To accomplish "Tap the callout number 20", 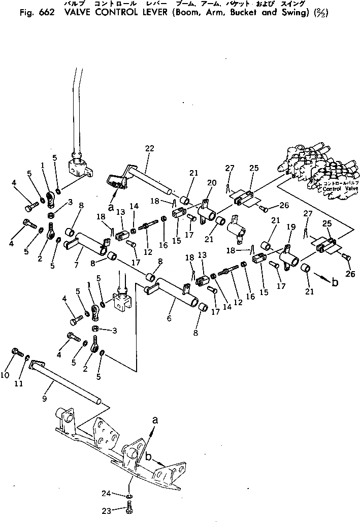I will pyautogui.click(x=211, y=183).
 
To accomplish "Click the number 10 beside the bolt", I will pyautogui.click(x=5, y=375).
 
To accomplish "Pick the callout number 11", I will pyautogui.click(x=19, y=384).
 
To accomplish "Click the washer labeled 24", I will pyautogui.click(x=130, y=496).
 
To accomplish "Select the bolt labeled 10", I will pyautogui.click(x=16, y=352).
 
